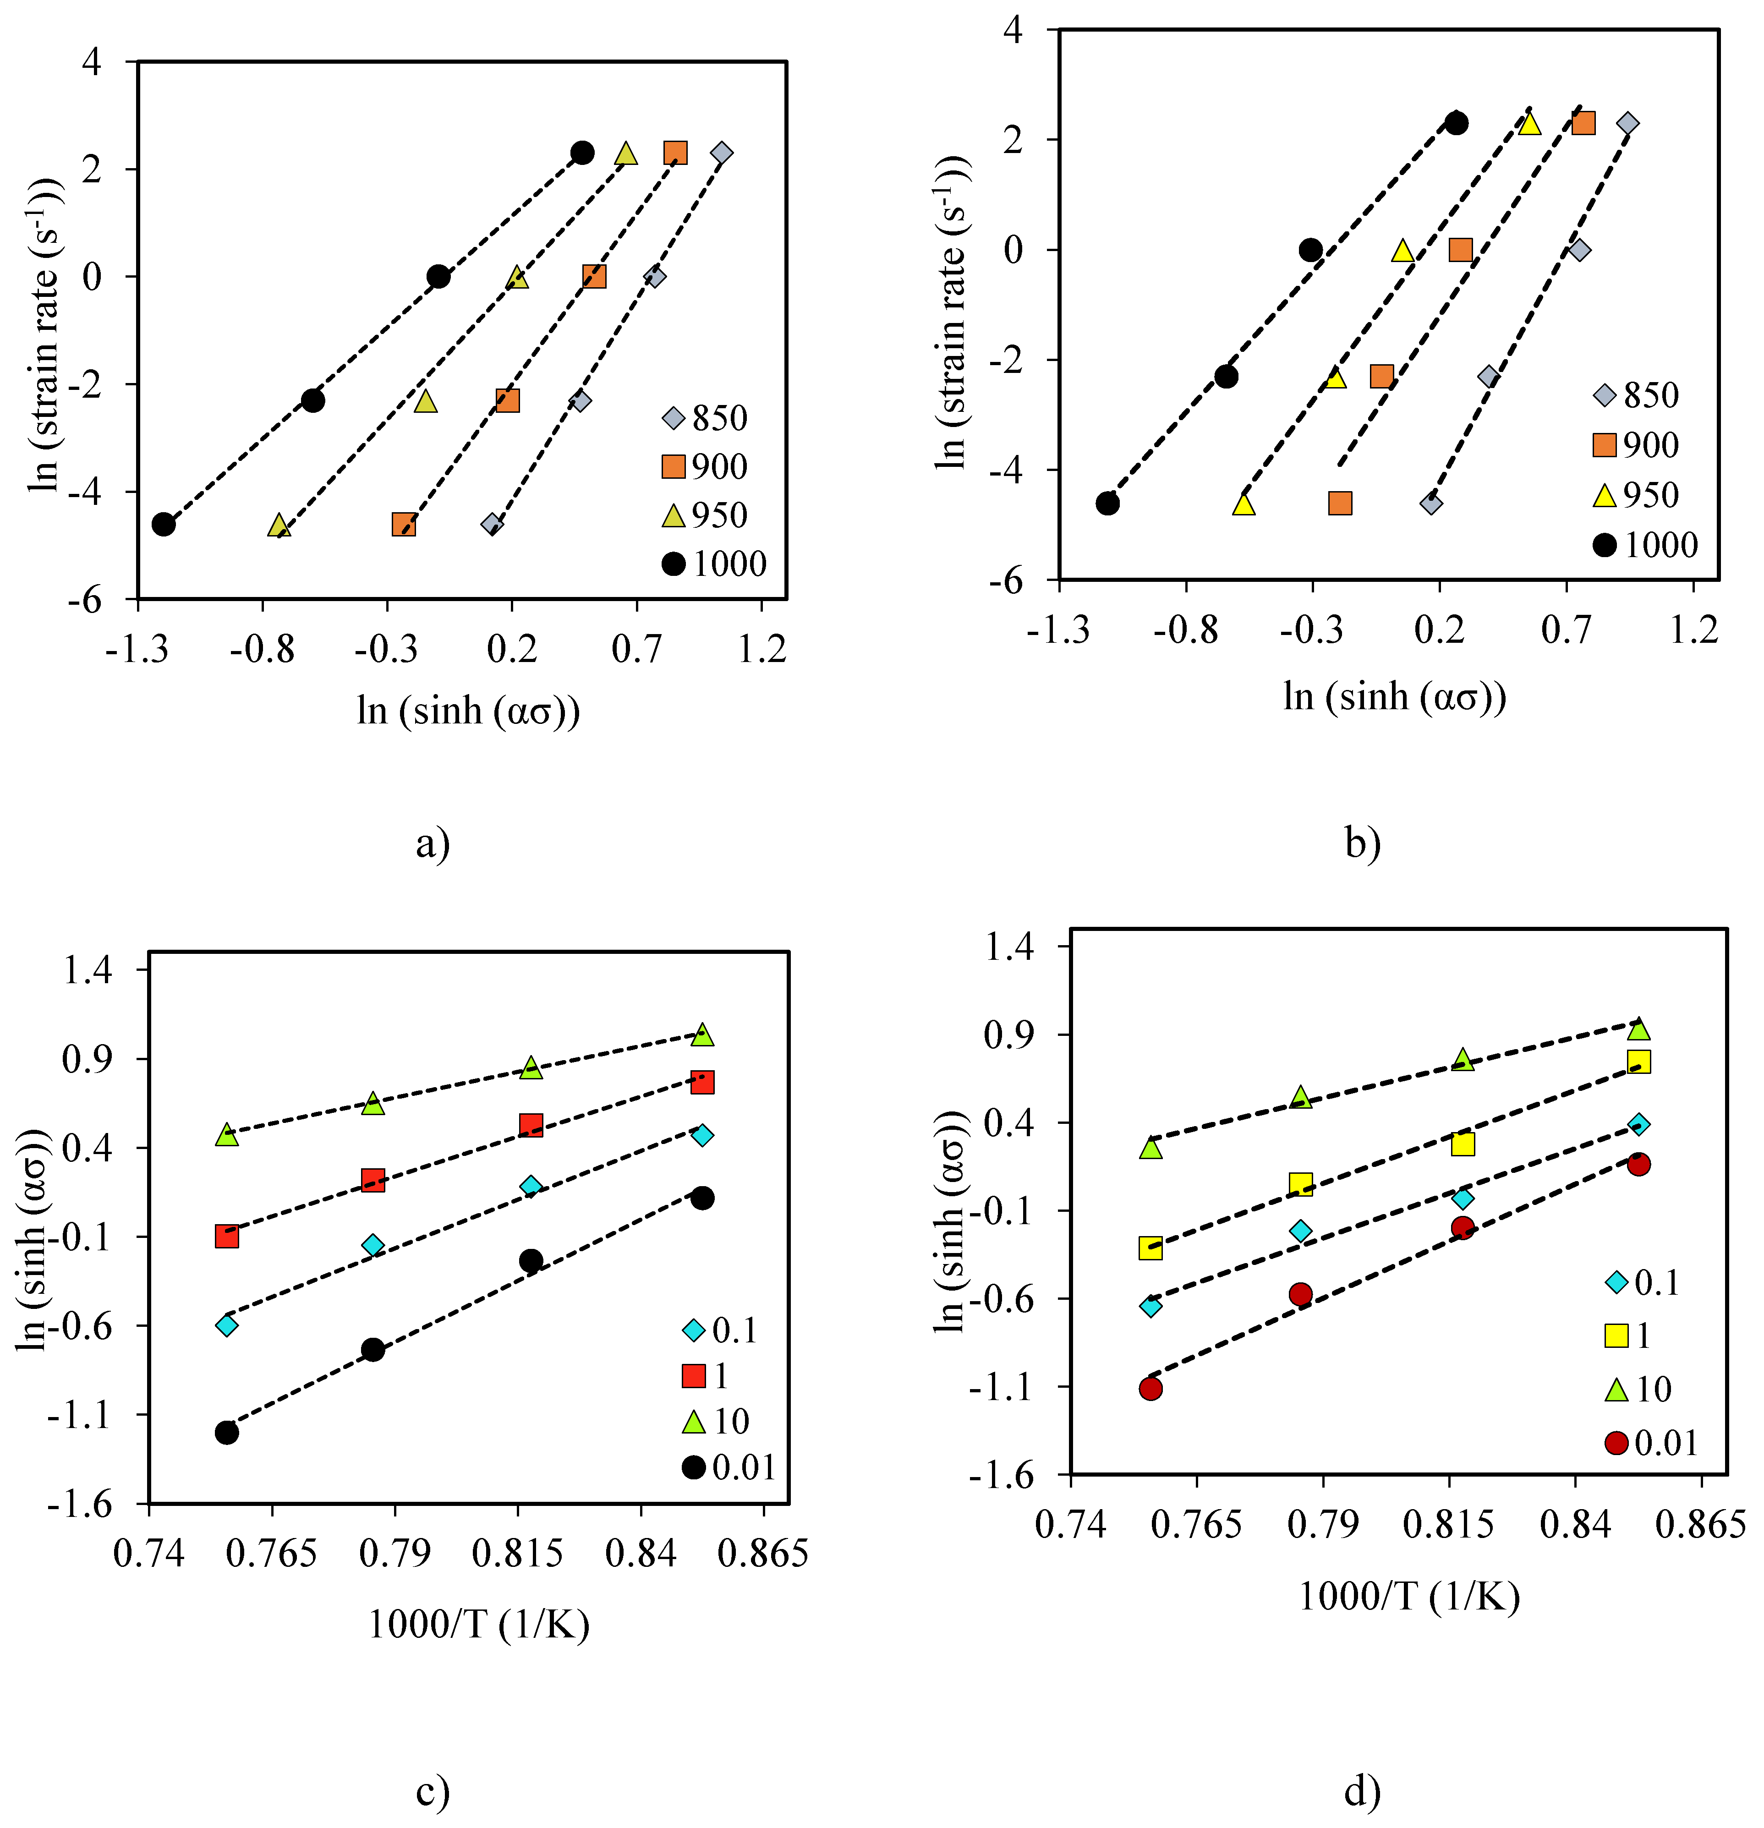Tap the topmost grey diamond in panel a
pyautogui.click(x=721, y=153)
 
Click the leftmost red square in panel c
pyautogui.click(x=227, y=1236)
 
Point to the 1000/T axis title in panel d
pyautogui.click(x=1408, y=1597)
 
